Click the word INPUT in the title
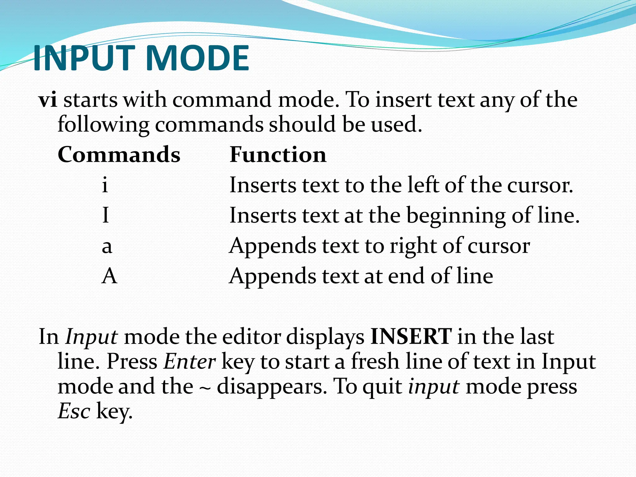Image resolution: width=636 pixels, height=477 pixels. (x=84, y=58)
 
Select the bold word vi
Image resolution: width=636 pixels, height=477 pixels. (x=48, y=100)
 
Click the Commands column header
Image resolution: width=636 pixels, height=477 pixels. (x=119, y=155)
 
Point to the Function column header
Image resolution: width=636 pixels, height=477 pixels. (x=278, y=155)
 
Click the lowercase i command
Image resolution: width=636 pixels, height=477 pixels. (x=105, y=185)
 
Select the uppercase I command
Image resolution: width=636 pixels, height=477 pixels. (x=106, y=215)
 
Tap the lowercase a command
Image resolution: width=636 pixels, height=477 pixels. (x=107, y=246)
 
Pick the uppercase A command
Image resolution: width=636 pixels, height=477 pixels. (x=109, y=276)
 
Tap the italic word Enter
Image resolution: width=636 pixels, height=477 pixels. (x=190, y=362)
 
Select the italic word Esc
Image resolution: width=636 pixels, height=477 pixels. (x=74, y=411)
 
